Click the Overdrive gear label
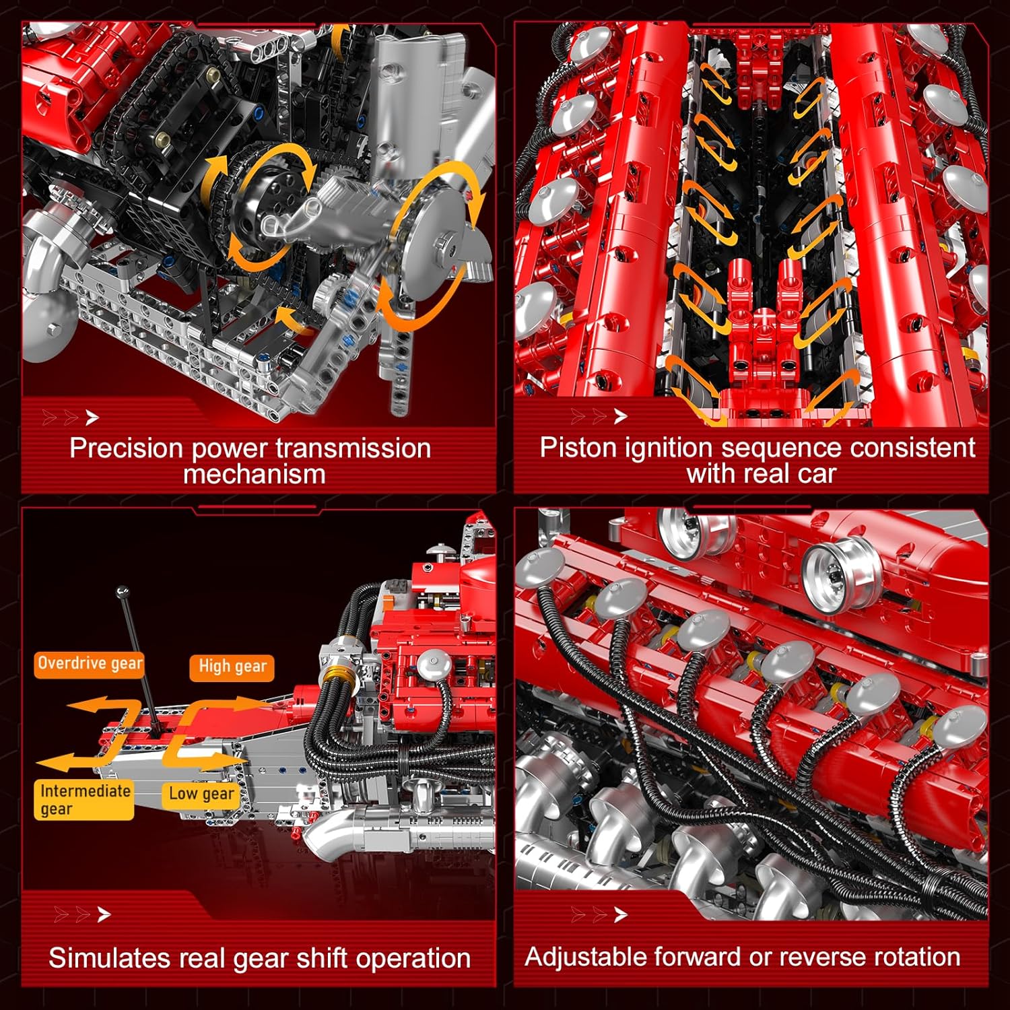90,664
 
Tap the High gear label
232,667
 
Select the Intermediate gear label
84,800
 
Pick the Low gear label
201,795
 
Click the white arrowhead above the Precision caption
92,418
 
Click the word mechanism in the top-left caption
254,475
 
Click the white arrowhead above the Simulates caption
104,914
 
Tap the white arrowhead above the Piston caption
621,417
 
